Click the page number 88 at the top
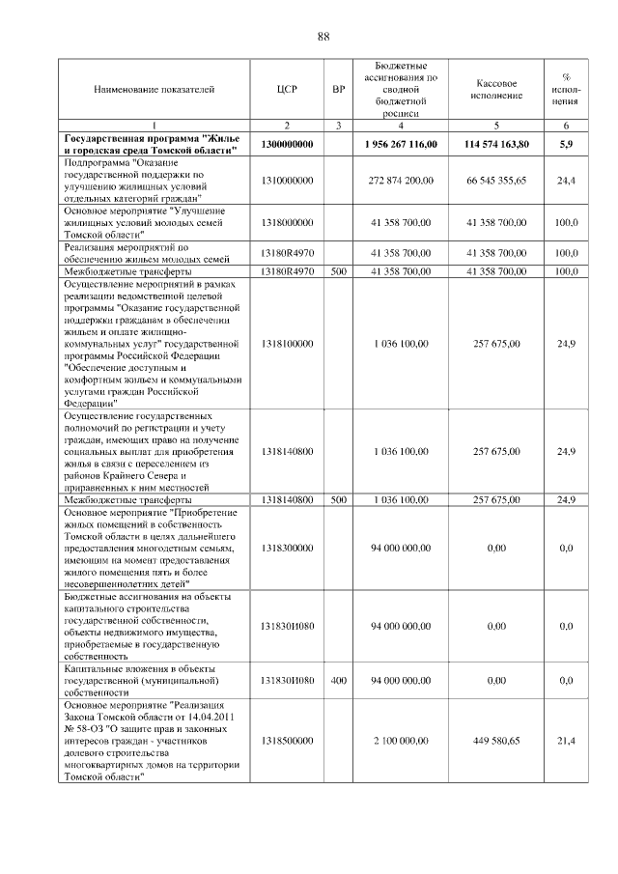coord(323,37)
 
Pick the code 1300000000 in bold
coord(287,144)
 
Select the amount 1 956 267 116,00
coord(401,144)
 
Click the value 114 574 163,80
coord(496,144)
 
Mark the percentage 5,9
coord(566,144)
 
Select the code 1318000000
coord(287,222)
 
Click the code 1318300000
coord(287,548)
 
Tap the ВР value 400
coord(338,680)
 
